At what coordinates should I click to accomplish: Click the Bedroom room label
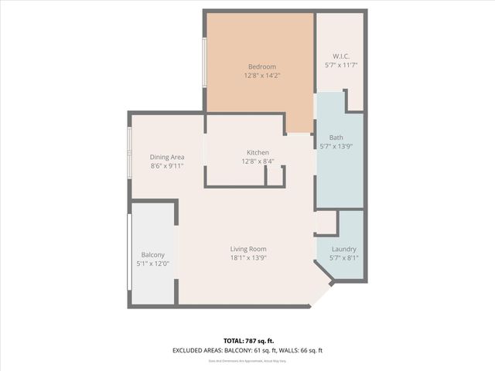pos(261,66)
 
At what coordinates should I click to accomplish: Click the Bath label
pos(336,138)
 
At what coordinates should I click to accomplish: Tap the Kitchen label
pos(258,153)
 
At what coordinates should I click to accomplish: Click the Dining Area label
pos(166,157)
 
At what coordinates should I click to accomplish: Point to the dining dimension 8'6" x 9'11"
pos(166,165)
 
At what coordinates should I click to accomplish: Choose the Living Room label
pos(247,249)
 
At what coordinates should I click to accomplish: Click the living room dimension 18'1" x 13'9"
pos(247,257)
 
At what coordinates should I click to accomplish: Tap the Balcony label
pos(152,255)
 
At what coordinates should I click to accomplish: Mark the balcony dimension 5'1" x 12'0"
pos(152,264)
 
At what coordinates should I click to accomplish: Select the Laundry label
pos(343,249)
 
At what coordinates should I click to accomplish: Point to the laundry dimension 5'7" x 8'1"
pos(343,257)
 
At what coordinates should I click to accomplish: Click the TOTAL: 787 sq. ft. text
pos(247,341)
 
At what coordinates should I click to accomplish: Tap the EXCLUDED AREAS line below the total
pos(247,350)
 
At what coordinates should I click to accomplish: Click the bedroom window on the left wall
pos(204,62)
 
